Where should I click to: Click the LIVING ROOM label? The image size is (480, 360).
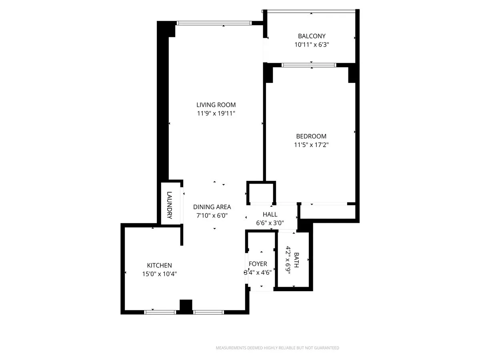point(216,105)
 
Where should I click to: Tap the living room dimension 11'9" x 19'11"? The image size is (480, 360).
point(216,114)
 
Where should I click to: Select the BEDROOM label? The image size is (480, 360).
point(311,136)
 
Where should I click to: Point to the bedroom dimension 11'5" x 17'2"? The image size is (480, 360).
point(311,145)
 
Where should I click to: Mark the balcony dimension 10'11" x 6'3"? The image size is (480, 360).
point(312,45)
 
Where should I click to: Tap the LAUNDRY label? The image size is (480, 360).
point(169,204)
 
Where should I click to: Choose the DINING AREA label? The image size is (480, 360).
point(212,207)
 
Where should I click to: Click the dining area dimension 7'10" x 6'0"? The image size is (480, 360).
point(212,216)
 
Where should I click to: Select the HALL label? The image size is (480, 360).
point(270,214)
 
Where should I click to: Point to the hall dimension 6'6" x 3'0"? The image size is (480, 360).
point(270,223)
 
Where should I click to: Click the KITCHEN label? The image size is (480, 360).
point(159,265)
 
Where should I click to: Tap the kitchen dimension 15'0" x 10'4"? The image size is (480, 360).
point(159,274)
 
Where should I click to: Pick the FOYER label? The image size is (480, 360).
point(258,264)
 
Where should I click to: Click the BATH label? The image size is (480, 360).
point(296,260)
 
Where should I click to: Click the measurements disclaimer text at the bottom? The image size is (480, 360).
point(277,348)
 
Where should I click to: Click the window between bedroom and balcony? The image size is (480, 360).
point(308,65)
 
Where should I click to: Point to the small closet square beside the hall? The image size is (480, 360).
point(261,193)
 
